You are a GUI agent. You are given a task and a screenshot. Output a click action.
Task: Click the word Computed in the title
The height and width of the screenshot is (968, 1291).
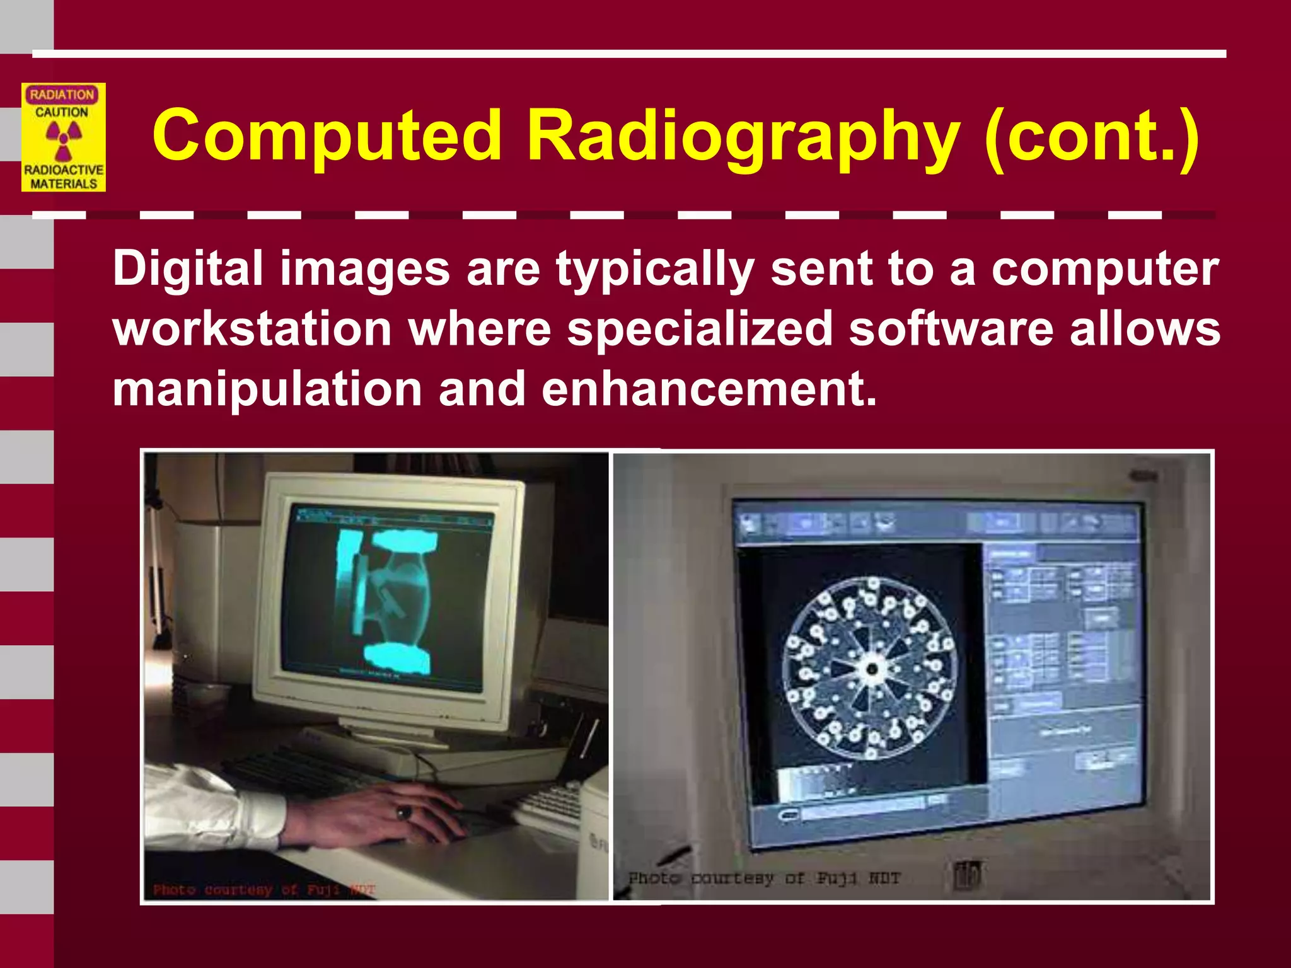(327, 135)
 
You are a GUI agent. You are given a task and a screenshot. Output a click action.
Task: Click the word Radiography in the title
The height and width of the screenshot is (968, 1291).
(743, 135)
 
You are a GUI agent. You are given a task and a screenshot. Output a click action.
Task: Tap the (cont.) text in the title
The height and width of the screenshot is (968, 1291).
(1091, 135)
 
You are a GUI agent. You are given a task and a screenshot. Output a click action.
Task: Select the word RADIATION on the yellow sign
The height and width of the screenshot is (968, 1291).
(62, 95)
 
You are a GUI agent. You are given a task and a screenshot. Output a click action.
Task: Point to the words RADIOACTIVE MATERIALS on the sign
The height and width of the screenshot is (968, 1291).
(63, 177)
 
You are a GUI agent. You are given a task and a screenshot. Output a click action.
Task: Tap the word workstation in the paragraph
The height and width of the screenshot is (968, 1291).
(252, 329)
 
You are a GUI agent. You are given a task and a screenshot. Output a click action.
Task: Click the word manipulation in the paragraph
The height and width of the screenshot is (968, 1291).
(267, 389)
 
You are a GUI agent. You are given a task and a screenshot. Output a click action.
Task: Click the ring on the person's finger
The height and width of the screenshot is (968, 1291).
(404, 812)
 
